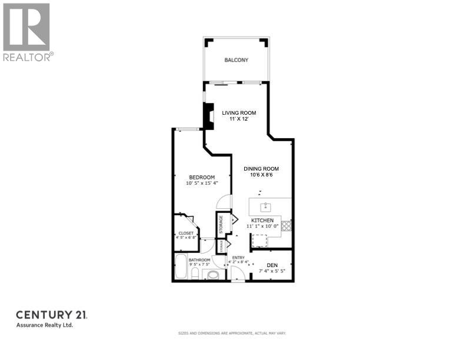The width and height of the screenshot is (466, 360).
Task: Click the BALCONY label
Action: (236, 60)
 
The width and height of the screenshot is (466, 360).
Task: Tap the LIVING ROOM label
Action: (239, 113)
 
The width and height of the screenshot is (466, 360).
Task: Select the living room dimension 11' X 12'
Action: (239, 119)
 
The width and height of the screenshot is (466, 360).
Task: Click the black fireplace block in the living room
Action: (208, 116)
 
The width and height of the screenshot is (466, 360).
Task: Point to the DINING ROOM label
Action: (261, 169)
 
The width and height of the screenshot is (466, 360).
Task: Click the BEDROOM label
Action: (201, 178)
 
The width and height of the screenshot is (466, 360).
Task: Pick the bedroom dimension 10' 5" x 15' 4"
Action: (201, 184)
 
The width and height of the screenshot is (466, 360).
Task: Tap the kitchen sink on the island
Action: (266, 206)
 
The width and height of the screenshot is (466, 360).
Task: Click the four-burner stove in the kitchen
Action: (287, 225)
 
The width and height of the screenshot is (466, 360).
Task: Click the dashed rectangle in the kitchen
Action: (259, 240)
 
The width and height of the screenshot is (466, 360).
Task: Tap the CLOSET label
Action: (186, 234)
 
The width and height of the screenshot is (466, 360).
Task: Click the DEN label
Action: (272, 265)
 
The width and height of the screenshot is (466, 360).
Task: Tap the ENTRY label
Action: (238, 258)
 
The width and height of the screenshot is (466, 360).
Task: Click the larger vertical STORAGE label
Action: (221, 224)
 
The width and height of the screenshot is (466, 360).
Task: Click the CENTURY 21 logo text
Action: (51, 315)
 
